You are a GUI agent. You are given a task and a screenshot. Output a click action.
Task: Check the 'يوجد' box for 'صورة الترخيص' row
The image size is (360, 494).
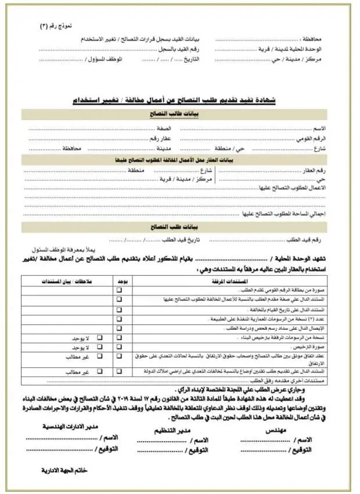tap(119, 346)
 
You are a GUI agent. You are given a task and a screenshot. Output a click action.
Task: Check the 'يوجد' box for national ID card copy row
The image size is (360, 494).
tap(119, 290)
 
